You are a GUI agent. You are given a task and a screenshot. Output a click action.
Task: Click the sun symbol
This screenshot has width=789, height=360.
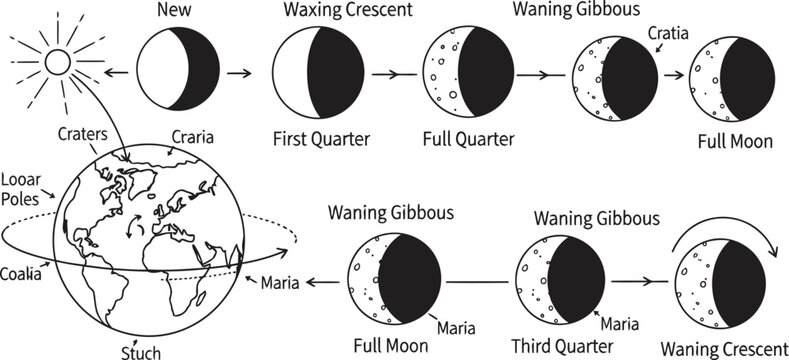click(56, 62)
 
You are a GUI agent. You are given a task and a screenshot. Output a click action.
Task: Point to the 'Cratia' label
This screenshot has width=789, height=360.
click(666, 33)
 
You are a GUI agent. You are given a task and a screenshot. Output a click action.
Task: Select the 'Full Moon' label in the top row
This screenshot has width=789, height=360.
click(735, 141)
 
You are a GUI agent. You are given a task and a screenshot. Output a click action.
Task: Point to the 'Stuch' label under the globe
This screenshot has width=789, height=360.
click(140, 352)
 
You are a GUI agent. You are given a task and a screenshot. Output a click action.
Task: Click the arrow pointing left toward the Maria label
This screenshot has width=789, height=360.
click(321, 283)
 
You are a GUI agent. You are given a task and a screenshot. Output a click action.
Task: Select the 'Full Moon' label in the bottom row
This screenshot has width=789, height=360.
click(391, 347)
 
